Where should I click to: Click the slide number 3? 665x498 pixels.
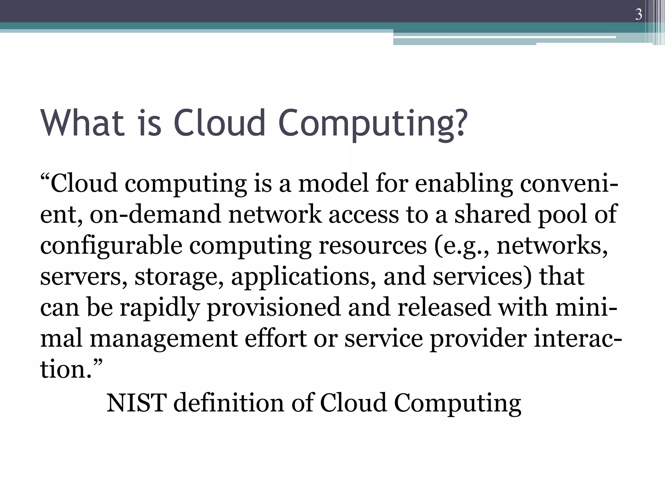(638, 15)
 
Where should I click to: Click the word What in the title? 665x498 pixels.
(82, 123)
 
